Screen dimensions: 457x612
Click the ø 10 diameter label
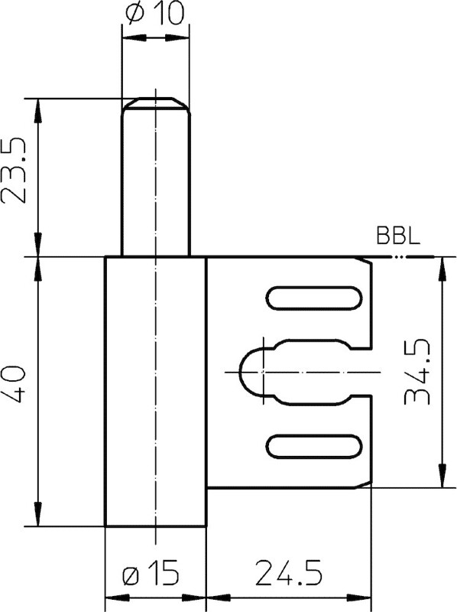tap(154, 14)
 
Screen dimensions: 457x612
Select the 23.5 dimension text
tap(14, 170)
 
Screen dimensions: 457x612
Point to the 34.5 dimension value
tap(417, 372)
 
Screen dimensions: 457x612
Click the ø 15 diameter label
tap(151, 573)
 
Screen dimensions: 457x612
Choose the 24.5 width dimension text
tap(289, 573)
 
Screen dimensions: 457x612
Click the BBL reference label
tap(398, 236)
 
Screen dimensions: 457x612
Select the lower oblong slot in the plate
tap(314, 446)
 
